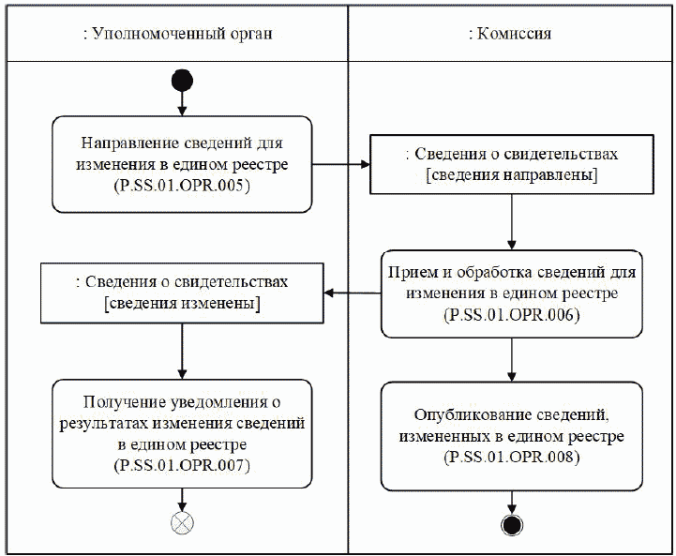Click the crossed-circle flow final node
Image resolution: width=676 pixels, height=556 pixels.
(182, 524)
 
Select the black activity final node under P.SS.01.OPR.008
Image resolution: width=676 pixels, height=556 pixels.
(511, 524)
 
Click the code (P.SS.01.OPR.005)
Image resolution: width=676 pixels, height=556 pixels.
(182, 185)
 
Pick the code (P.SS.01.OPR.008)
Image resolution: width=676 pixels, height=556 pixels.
(511, 458)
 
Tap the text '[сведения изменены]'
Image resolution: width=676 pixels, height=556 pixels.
(182, 304)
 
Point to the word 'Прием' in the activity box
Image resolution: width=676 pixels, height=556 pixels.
(411, 273)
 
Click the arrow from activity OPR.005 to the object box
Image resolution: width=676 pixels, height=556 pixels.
(340, 165)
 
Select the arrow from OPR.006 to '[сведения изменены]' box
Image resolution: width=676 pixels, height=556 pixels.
(352, 293)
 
